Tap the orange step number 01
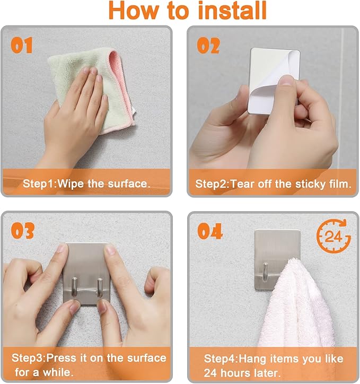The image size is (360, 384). coord(22,45)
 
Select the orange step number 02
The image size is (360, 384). coord(208,46)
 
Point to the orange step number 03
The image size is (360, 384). coord(22,231)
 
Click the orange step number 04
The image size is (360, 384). coord(210,231)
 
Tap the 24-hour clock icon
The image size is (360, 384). coord(333,236)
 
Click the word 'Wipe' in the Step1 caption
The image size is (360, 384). coord(71,184)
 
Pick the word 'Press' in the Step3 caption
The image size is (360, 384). coord(61,358)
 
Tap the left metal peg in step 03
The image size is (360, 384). coord(74,287)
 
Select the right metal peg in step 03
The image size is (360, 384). coord(100,287)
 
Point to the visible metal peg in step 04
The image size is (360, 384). coord(265,272)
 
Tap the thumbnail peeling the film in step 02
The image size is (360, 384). coord(286,80)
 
